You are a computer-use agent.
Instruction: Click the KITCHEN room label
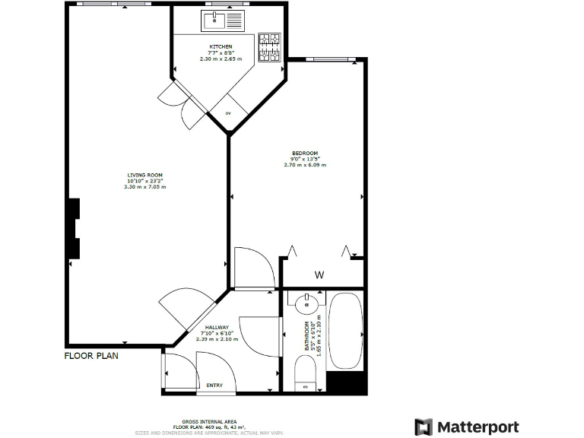tap(221, 47)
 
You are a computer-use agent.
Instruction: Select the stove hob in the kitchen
tap(269, 47)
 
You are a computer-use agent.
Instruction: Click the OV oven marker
tap(228, 113)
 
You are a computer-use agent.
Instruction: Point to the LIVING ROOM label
tap(144, 176)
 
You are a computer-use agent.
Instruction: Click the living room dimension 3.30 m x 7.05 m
tap(144, 186)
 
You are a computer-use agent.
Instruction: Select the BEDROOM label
tap(304, 153)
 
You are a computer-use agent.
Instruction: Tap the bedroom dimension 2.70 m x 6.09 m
tap(304, 164)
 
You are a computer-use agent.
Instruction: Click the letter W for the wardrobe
tap(319, 275)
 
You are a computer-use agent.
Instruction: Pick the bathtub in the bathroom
tap(346, 331)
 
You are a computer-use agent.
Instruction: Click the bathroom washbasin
tap(306, 304)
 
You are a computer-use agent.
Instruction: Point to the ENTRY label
tap(215, 386)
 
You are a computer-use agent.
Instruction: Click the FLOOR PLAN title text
tap(90, 355)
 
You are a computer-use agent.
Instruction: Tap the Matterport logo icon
tap(424, 426)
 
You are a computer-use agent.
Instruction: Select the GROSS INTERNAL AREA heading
tap(208, 421)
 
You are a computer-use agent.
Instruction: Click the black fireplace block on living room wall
tap(74, 228)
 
